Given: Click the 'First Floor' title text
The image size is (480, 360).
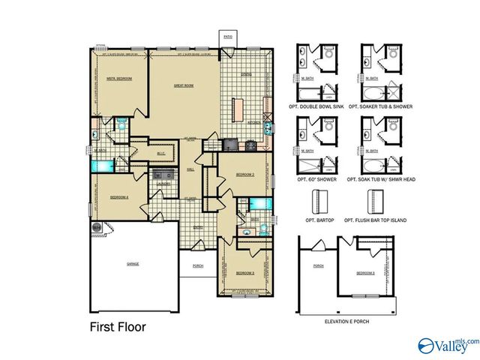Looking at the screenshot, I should [x=118, y=326].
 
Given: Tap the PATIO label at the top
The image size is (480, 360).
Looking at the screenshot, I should [x=227, y=34].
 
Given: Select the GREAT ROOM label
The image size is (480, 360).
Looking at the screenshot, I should [x=184, y=85].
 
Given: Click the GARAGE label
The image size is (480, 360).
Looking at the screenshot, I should [x=133, y=264].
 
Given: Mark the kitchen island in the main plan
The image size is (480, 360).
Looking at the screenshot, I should [x=238, y=109].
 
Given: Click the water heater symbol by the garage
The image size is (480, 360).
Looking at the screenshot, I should [x=96, y=226].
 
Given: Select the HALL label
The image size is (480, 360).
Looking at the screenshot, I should [x=190, y=169].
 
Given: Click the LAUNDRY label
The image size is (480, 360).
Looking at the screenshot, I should [x=163, y=184].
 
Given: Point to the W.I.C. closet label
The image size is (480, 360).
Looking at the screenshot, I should [x=161, y=154].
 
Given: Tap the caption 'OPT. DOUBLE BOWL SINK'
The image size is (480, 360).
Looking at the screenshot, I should [x=319, y=107].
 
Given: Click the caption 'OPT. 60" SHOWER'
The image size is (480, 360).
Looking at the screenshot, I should [x=319, y=179].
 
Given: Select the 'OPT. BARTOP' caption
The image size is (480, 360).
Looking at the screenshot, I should [x=319, y=220].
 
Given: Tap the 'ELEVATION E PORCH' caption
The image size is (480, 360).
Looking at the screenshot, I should [x=346, y=321].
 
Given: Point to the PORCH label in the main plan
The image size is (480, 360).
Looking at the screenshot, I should [x=198, y=265].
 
